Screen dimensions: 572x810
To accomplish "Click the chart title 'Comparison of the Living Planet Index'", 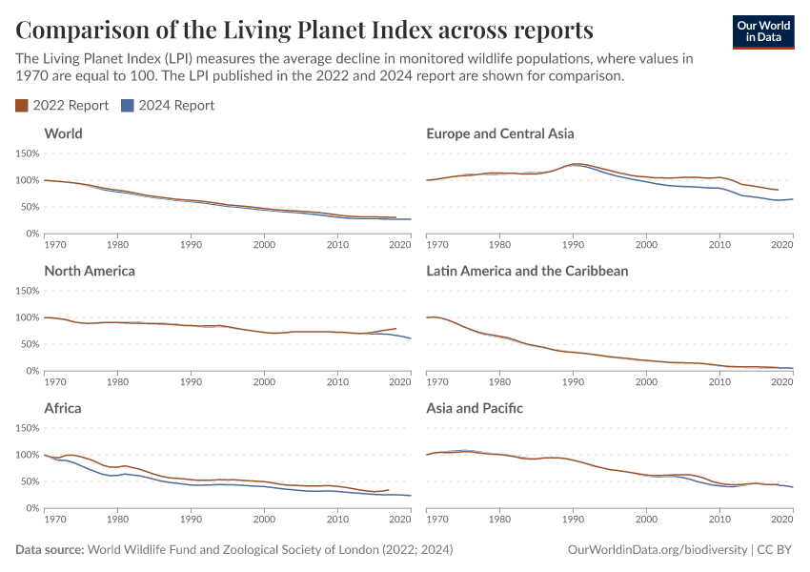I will coord(304,30).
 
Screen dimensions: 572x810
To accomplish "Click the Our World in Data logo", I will coord(762,31).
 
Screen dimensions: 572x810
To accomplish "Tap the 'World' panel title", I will coord(63,133).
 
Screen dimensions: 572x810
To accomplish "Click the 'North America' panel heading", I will coord(90,271).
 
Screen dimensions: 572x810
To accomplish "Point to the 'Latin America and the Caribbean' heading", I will coord(527,271).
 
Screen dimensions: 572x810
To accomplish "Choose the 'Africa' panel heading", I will coord(63,408).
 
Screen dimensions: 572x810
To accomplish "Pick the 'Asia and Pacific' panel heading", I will coord(475,408).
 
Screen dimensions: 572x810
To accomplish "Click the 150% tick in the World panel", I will coord(27,153).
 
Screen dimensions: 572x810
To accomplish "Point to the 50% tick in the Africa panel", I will coord(29,481).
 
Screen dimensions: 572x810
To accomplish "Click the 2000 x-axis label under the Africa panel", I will coord(264,521).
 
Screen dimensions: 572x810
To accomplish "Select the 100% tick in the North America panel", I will coord(27,317).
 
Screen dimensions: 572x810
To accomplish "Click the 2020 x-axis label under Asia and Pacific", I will coord(781,521).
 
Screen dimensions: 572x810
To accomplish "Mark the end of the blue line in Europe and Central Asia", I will coord(793,199).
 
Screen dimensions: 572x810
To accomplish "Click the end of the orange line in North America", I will coord(395,328).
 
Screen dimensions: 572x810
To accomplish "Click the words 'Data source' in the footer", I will coord(50,550).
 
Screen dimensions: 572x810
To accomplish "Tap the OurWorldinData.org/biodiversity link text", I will coord(657,550).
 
